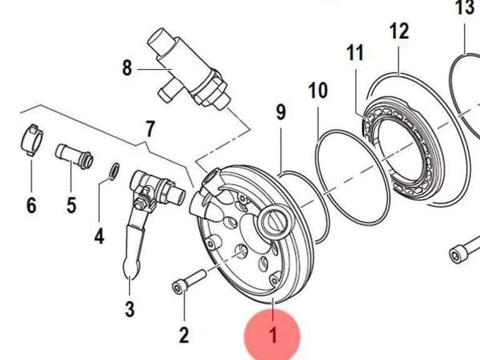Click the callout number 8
127,68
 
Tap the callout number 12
399,31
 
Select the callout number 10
317,90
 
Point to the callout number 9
281,112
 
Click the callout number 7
150,129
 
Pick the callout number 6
31,205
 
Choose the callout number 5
71,205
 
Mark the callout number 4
99,236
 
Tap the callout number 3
129,309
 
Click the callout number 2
184,335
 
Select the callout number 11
355,52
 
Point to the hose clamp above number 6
32,141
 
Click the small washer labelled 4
114,171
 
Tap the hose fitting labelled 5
74,156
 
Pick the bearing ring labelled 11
404,149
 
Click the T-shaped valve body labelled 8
187,71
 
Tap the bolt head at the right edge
456,255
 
